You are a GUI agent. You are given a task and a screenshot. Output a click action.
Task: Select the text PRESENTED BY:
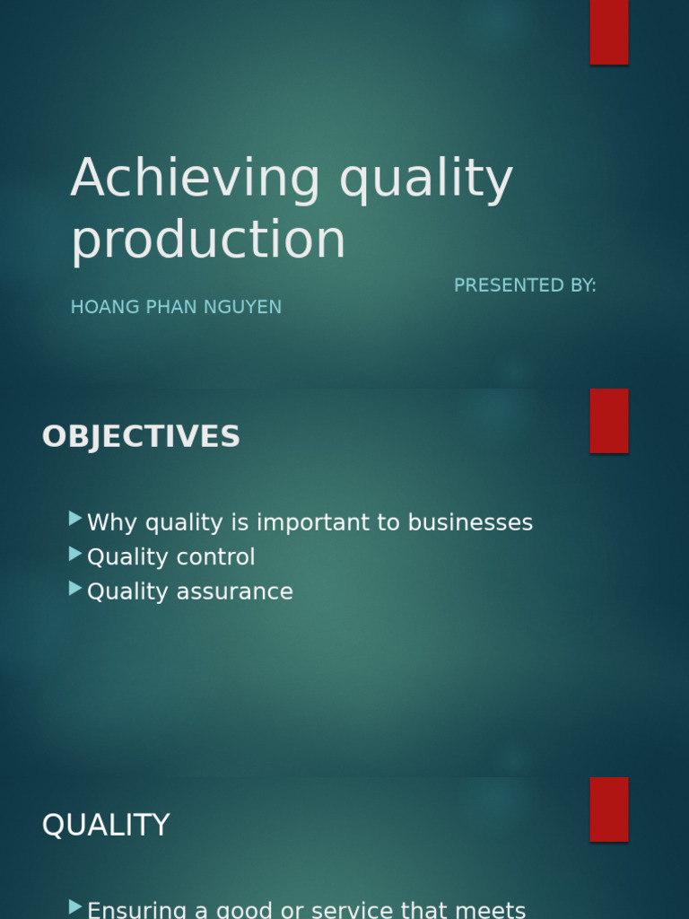[525, 285]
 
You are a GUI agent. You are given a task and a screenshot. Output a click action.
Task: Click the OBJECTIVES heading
[141, 437]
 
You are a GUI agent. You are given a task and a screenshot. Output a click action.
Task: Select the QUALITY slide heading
[106, 825]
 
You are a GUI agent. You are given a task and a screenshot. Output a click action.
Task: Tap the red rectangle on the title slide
[609, 32]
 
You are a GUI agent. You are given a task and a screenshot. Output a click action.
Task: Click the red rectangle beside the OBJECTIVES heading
[609, 421]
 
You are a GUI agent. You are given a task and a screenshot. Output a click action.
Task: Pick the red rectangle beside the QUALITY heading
[609, 810]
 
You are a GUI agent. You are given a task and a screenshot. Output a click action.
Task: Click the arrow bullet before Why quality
[75, 519]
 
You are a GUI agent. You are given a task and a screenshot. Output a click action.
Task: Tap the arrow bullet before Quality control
[75, 554]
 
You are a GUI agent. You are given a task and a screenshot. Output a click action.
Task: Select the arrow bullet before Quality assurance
[75, 589]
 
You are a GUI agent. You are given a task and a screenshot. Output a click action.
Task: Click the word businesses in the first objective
[470, 522]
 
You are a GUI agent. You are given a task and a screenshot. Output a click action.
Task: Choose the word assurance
[235, 592]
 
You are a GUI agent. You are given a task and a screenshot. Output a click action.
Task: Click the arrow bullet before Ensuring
[75, 907]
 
